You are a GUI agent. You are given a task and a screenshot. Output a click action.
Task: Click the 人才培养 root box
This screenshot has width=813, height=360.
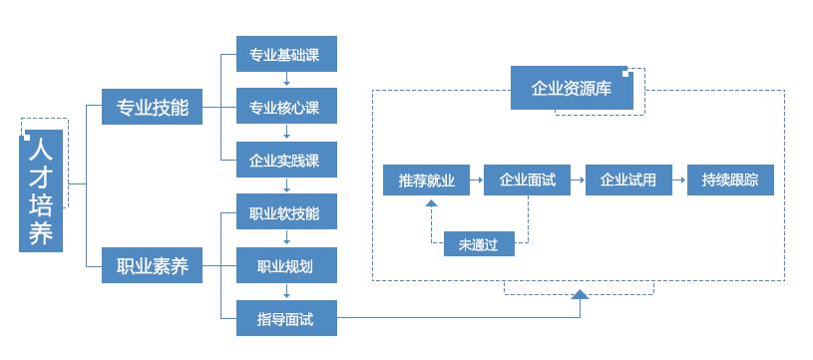41,190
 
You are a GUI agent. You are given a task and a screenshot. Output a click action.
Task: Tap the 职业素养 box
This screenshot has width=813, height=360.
153,267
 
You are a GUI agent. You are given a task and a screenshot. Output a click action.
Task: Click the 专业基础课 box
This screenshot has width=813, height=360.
286,54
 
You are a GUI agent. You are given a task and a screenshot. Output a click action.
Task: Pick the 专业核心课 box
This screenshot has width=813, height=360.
286,107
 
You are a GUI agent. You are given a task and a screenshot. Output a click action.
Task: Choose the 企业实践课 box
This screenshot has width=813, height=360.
286,160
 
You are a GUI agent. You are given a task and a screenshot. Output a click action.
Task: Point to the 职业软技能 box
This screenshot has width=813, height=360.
286,212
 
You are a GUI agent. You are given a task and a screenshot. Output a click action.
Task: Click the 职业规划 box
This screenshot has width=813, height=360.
286,266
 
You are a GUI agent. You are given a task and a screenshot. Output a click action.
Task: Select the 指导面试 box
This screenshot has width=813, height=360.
286,319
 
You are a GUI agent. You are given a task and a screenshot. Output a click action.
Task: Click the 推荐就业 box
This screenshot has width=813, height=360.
426,180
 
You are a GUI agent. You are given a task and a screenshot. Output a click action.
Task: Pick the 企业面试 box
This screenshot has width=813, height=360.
528,180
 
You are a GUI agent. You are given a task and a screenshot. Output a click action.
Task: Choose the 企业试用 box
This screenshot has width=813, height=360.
628,180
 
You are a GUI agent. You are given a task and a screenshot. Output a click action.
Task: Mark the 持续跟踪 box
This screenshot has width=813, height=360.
730,180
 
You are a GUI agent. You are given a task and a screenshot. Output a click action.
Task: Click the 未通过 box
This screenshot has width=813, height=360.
479,242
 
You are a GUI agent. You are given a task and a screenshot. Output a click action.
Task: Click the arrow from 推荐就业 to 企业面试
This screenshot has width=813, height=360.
477,180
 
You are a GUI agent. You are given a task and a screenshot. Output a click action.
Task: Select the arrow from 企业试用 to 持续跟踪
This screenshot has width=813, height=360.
679,180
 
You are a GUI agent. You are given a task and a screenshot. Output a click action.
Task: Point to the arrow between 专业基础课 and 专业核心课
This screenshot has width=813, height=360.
287,80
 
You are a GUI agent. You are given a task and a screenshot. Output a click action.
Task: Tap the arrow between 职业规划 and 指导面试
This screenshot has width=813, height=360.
287,292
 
